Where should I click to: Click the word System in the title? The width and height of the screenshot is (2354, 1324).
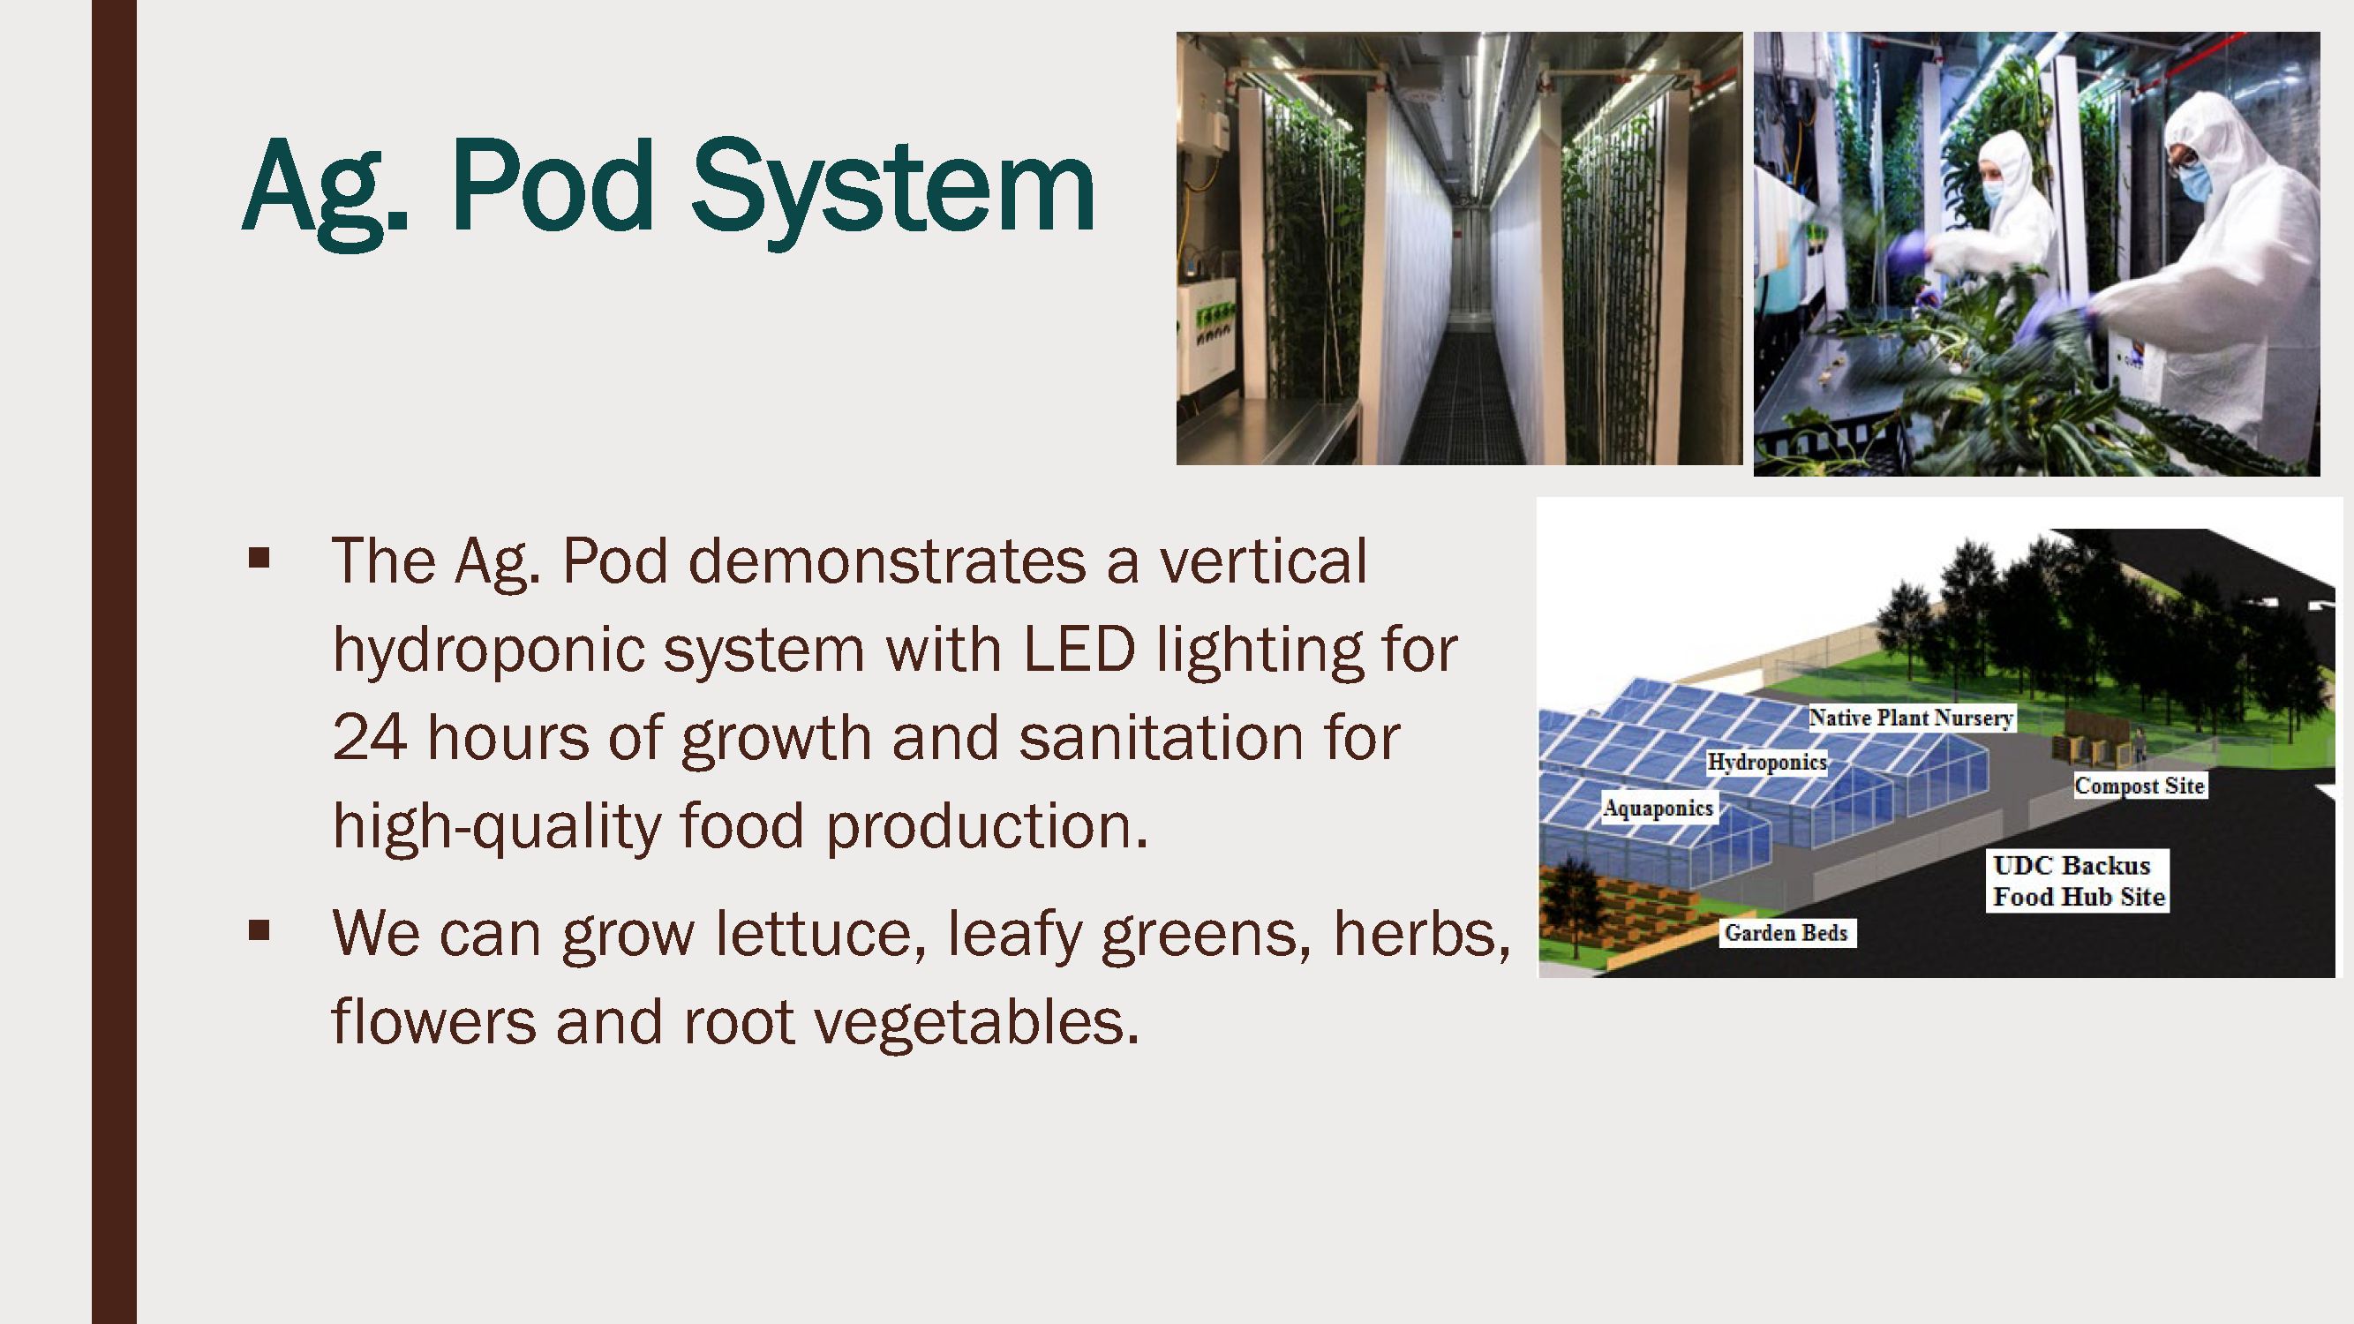(x=893, y=190)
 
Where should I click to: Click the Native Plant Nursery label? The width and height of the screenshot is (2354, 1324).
(x=1911, y=718)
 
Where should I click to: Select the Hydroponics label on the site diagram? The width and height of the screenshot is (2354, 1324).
(x=1766, y=762)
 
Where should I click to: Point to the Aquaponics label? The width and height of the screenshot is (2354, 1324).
(x=1658, y=808)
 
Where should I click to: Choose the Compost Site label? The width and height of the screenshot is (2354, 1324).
(x=2140, y=786)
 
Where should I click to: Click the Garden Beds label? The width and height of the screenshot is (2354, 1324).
(x=1786, y=933)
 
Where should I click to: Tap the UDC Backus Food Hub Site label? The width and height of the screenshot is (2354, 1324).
(x=2078, y=881)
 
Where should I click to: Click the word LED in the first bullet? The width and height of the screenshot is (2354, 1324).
(x=1079, y=649)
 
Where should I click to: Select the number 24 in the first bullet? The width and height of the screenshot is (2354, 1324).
(x=369, y=737)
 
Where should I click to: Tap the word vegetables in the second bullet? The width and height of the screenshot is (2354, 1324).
(x=977, y=1020)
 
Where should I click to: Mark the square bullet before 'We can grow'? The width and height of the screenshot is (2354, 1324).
(x=259, y=930)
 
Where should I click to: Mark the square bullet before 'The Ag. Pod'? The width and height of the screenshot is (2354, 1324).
(x=259, y=557)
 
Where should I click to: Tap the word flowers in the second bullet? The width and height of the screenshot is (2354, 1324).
(x=433, y=1020)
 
